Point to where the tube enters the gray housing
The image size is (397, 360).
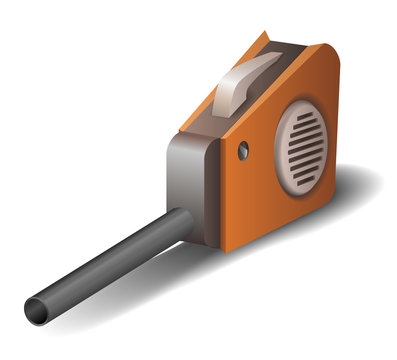click(181, 220)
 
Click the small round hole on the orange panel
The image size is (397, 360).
click(243, 151)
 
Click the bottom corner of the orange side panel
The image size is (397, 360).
click(229, 246)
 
